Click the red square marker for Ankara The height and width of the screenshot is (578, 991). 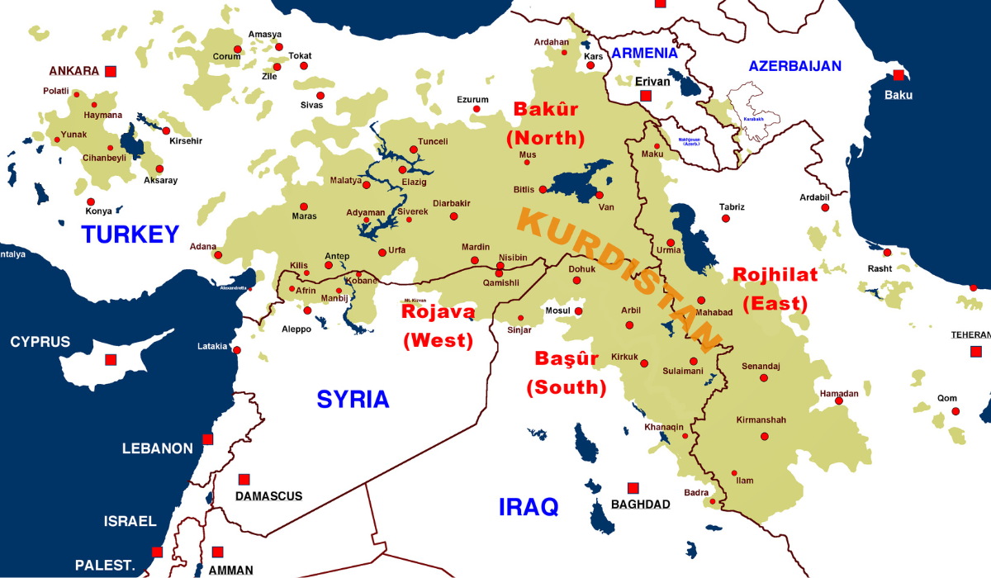(x=111, y=71)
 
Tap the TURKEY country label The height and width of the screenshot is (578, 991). (x=130, y=235)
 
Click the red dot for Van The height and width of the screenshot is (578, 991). (x=600, y=196)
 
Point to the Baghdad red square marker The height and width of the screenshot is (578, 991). (x=633, y=488)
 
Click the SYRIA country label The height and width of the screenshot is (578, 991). (x=353, y=400)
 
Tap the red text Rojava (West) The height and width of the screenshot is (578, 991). (x=438, y=325)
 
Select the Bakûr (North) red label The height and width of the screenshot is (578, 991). (x=546, y=123)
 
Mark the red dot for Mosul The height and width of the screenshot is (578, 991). (x=579, y=311)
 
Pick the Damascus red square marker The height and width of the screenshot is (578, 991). (x=244, y=479)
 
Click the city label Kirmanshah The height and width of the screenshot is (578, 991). (x=761, y=420)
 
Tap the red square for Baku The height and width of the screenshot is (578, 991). (x=899, y=75)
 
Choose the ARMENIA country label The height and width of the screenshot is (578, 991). (x=644, y=53)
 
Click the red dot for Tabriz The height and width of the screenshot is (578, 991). (x=726, y=218)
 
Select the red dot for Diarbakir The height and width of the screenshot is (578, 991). (x=453, y=216)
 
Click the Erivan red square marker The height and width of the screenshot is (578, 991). (x=645, y=96)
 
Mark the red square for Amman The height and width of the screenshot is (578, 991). (x=218, y=552)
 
